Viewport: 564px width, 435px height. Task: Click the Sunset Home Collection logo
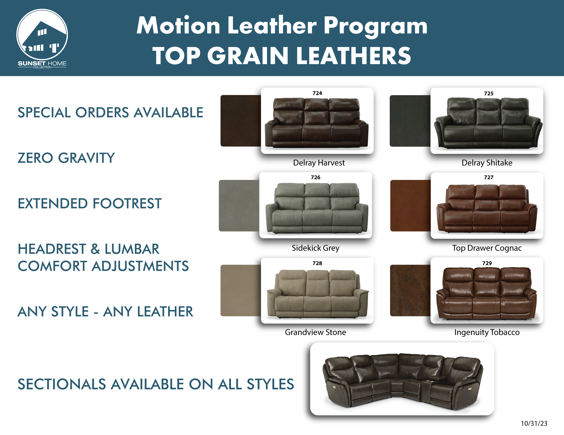point(42,39)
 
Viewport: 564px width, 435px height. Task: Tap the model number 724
point(317,93)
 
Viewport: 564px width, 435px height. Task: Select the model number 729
point(487,263)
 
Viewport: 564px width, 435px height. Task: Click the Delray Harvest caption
point(319,163)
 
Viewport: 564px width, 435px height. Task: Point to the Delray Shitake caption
point(487,163)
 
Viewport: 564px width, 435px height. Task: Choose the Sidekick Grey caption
point(316,248)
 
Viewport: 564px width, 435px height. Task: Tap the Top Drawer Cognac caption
point(487,248)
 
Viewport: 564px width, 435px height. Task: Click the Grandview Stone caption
point(316,332)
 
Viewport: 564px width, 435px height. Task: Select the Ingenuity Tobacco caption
point(487,333)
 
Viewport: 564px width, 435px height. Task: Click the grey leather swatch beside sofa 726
point(239,206)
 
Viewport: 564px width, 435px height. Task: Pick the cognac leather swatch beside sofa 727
point(411,206)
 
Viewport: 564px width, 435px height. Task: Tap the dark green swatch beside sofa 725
point(410,121)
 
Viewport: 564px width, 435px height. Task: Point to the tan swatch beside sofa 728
point(241,290)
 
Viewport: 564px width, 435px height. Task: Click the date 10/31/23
point(534,423)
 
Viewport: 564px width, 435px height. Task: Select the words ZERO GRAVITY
point(66,158)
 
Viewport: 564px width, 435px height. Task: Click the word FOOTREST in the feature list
point(127,204)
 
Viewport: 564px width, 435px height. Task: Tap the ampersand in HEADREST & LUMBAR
point(95,249)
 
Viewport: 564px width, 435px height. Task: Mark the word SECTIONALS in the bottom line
point(62,384)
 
